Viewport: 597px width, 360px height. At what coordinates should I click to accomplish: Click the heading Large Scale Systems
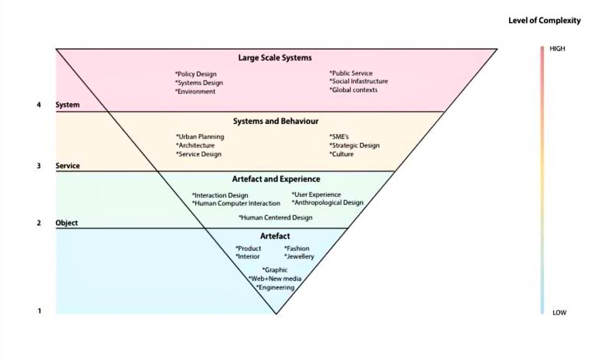click(x=275, y=58)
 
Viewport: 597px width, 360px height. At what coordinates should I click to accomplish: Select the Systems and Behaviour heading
click(x=276, y=121)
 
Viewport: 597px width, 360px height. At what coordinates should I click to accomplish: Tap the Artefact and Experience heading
click(x=276, y=179)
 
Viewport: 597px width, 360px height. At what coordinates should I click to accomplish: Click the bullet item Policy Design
click(x=196, y=74)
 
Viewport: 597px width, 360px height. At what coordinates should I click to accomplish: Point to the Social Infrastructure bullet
click(x=359, y=82)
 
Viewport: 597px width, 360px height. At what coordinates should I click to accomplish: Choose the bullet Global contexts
click(x=353, y=90)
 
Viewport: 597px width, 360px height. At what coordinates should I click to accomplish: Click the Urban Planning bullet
click(x=200, y=137)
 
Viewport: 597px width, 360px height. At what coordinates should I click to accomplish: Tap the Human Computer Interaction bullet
click(x=236, y=203)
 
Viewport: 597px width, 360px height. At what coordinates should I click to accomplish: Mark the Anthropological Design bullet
click(x=328, y=203)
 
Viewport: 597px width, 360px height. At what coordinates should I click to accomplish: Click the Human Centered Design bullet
click(x=275, y=217)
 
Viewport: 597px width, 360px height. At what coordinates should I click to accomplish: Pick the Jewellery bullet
click(x=299, y=256)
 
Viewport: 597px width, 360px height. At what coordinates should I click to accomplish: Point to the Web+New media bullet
click(x=275, y=279)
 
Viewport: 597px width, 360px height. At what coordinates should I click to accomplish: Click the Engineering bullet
click(x=275, y=287)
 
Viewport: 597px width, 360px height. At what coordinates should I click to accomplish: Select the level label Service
click(x=68, y=166)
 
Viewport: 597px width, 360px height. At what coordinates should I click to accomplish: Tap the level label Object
click(x=66, y=223)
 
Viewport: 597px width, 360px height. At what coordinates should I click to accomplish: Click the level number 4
click(x=39, y=105)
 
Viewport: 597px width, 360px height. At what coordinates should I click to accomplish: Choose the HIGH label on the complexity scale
click(x=557, y=49)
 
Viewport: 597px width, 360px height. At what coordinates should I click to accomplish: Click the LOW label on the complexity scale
click(x=559, y=313)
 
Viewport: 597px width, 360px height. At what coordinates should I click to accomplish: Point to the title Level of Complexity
click(x=545, y=20)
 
